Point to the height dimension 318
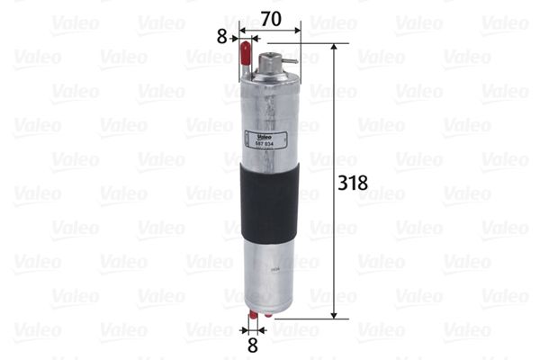[351, 182]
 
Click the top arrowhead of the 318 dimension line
[334, 46]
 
